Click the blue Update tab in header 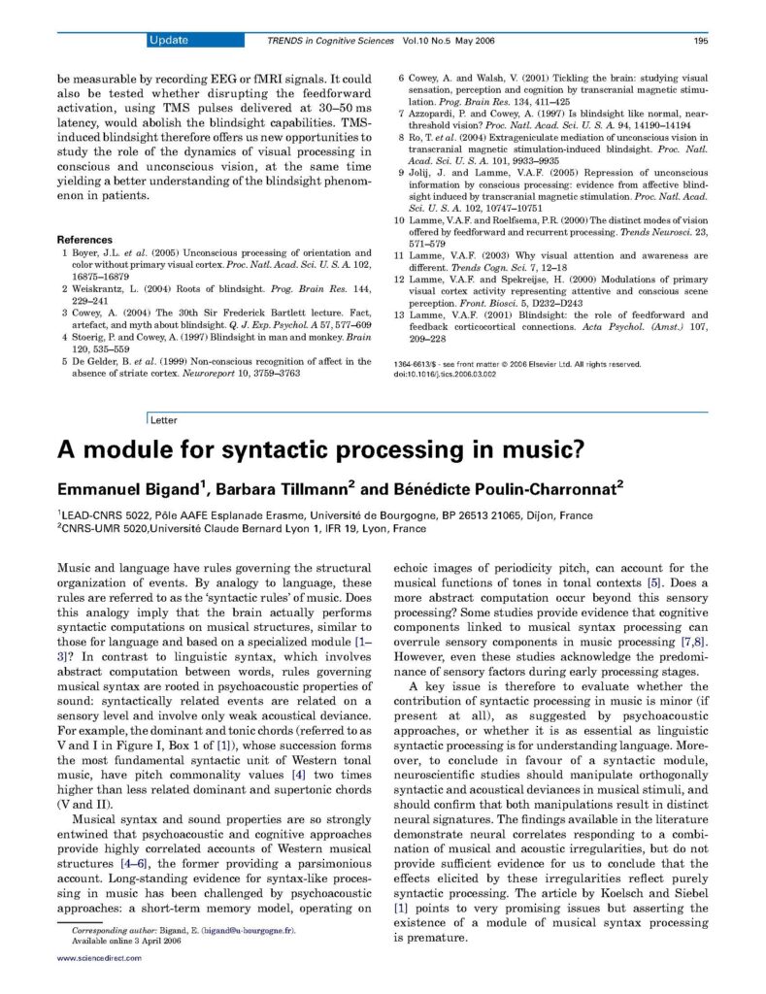169,40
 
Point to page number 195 700,41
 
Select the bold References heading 84,239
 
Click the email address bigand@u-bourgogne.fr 246,930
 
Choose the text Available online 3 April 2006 126,941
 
